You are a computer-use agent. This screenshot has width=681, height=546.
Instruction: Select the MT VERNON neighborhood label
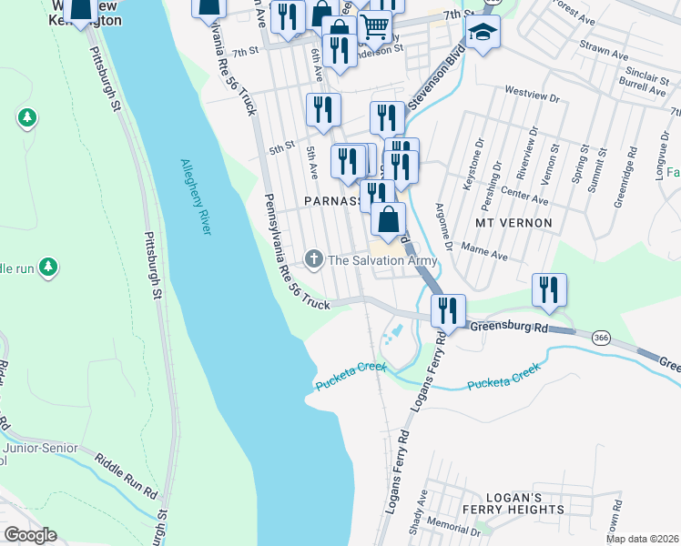click(513, 222)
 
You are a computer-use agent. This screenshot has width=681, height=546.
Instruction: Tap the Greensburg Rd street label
click(506, 327)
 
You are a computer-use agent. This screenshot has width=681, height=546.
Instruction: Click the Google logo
click(31, 534)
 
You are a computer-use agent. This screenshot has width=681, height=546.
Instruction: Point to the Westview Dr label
click(530, 92)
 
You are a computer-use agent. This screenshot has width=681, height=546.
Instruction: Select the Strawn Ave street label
click(604, 56)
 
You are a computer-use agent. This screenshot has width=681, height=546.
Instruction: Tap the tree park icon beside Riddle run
click(49, 268)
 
